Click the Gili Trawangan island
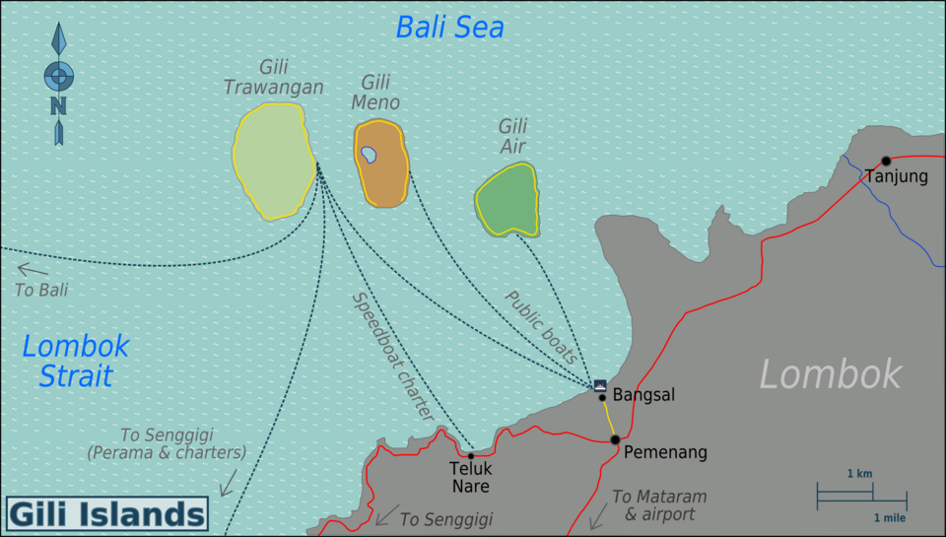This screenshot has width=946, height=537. pyautogui.click(x=270, y=161)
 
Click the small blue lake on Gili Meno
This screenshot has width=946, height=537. pyautogui.click(x=369, y=154)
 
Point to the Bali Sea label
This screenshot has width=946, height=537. pyautogui.click(x=449, y=28)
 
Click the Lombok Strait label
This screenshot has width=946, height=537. pyautogui.click(x=75, y=361)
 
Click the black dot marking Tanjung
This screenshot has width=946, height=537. pyautogui.click(x=886, y=161)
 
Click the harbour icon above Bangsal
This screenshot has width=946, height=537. pyautogui.click(x=600, y=384)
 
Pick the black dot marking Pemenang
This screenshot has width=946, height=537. pyautogui.click(x=614, y=439)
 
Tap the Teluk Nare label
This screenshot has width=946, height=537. pyautogui.click(x=470, y=478)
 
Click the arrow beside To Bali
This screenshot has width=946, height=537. pyautogui.click(x=32, y=268)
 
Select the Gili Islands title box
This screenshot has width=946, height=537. pyautogui.click(x=106, y=514)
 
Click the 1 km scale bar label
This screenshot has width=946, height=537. pyautogui.click(x=859, y=474)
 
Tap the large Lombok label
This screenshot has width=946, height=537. pyautogui.click(x=830, y=374)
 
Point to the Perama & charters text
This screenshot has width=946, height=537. pyautogui.click(x=166, y=453)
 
